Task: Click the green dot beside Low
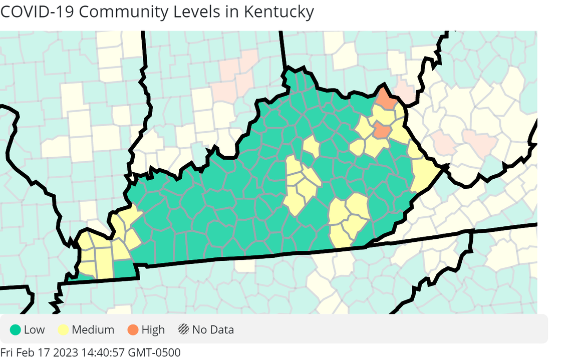(x=16, y=330)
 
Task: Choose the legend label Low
(x=34, y=330)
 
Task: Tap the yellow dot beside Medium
(x=64, y=330)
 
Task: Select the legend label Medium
(x=93, y=330)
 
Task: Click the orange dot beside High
(x=133, y=330)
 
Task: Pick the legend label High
(x=153, y=330)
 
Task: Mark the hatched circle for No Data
(x=184, y=330)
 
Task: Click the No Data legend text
(x=213, y=330)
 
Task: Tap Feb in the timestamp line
(x=26, y=352)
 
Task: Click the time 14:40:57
(x=97, y=352)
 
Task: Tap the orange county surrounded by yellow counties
(x=382, y=131)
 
